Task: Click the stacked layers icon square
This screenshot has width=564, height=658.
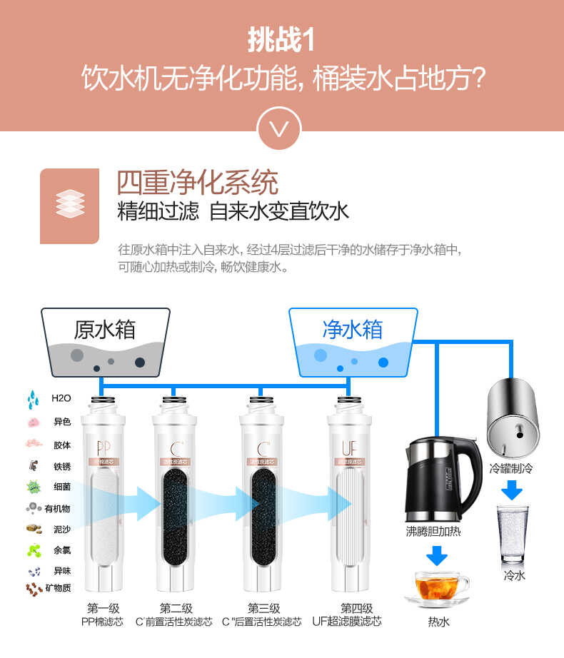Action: (69, 206)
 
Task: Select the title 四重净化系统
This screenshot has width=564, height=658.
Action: (197, 183)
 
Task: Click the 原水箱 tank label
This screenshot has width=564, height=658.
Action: (105, 330)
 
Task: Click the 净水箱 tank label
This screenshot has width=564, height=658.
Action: (353, 330)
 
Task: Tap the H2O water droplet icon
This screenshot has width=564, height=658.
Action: (33, 398)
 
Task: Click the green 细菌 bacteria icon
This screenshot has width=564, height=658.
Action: (33, 487)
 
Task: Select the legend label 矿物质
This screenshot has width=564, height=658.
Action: (57, 588)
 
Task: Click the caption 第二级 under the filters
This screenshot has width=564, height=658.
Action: (176, 608)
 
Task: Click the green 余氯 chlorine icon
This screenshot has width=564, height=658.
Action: (33, 550)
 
